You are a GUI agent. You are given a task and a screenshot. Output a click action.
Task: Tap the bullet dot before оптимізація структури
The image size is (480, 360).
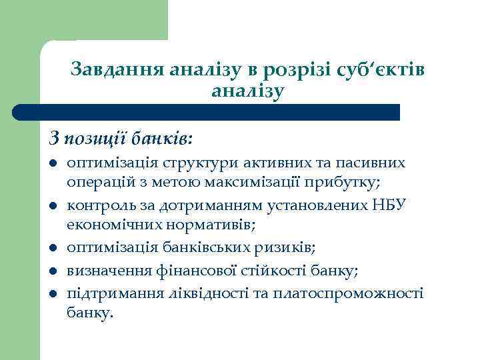[54, 164]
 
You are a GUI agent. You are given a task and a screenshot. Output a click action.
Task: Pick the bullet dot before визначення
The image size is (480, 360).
[54, 271]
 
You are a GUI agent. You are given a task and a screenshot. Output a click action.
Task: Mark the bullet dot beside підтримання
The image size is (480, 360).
[54, 293]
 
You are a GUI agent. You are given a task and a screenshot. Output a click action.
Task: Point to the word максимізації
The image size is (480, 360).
[266, 183]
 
